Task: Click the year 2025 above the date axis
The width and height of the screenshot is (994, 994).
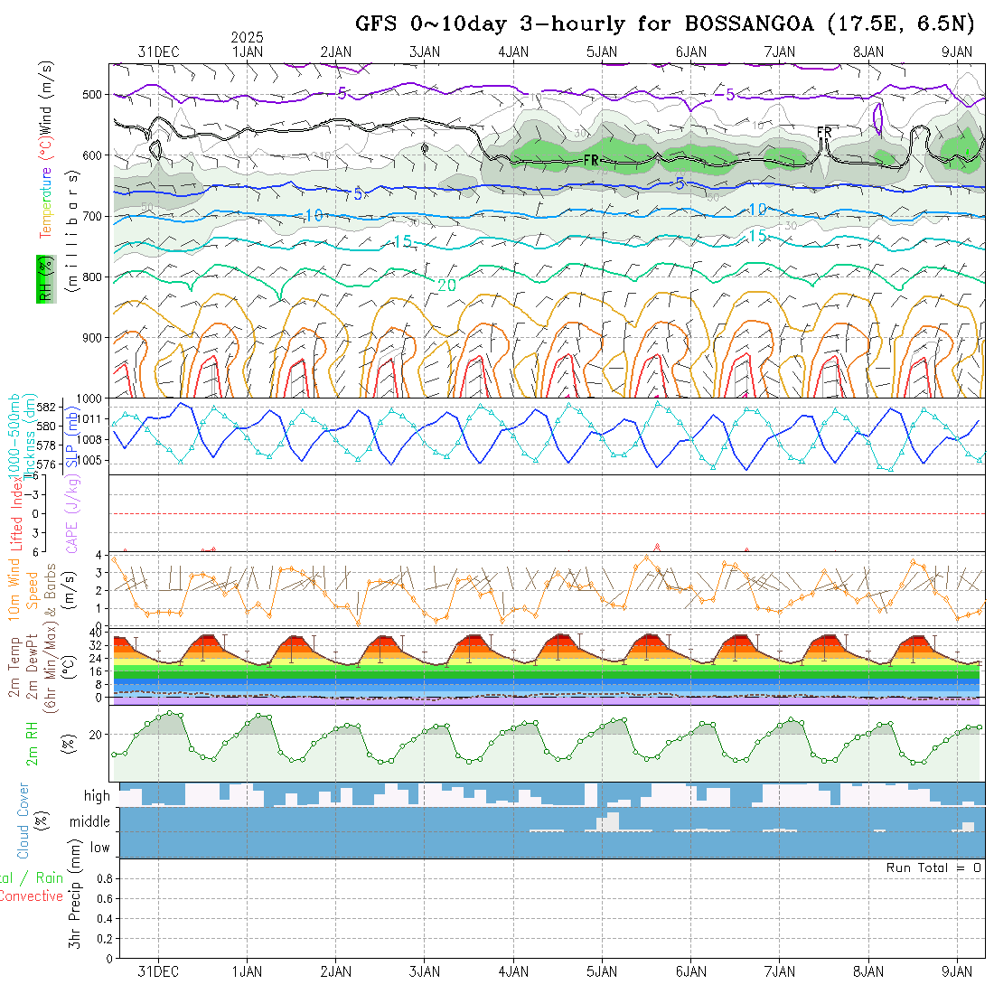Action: (x=247, y=37)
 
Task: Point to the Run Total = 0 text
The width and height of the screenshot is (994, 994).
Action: (x=933, y=867)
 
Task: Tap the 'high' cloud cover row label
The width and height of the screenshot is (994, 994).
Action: (x=97, y=796)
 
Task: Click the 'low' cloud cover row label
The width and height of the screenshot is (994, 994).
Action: (x=99, y=847)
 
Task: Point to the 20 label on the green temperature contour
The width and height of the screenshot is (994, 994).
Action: (x=446, y=285)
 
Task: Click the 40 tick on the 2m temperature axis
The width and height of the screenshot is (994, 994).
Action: (x=95, y=633)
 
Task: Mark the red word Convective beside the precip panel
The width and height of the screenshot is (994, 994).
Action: (x=31, y=896)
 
